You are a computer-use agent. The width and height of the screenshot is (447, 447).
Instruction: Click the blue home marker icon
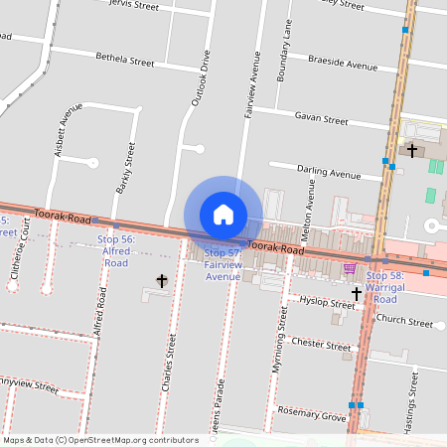pyautogui.click(x=223, y=214)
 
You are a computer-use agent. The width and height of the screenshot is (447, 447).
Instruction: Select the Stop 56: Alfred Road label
pyautogui.click(x=116, y=251)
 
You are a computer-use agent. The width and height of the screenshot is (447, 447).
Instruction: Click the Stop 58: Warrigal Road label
pyautogui.click(x=384, y=287)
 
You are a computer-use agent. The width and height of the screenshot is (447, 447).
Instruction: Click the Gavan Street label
pyautogui.click(x=321, y=118)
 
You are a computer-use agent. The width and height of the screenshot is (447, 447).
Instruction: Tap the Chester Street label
pyautogui.click(x=321, y=345)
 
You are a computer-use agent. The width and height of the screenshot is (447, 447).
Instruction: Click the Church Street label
pyautogui.click(x=404, y=321)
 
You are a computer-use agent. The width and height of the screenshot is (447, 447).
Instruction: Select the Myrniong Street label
pyautogui.click(x=279, y=341)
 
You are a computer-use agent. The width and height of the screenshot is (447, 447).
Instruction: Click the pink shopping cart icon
pyautogui.click(x=349, y=267)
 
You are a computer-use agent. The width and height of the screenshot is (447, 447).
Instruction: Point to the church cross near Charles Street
pyautogui.click(x=162, y=282)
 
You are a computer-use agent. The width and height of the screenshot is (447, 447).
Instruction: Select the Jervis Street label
pyautogui.click(x=131, y=6)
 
